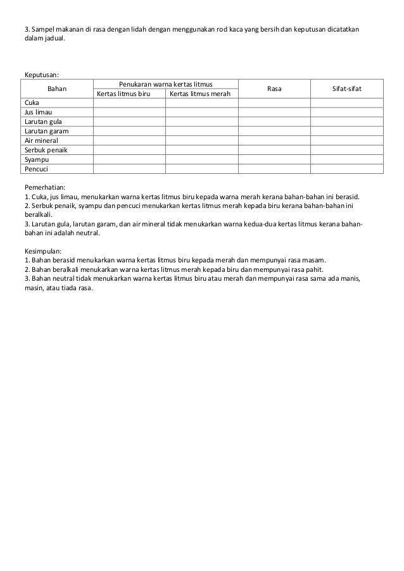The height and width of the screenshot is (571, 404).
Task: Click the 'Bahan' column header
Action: [57, 89]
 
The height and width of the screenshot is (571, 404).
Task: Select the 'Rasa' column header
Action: [274, 89]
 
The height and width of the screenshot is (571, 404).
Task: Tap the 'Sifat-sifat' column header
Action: [347, 89]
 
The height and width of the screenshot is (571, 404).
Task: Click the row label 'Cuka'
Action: [31, 102]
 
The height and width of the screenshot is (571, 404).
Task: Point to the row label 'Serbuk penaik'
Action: [46, 150]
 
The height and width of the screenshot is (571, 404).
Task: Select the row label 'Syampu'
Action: [36, 159]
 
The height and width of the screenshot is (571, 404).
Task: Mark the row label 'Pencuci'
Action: [35, 169]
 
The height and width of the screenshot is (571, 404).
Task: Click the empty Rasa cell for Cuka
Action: [274, 102]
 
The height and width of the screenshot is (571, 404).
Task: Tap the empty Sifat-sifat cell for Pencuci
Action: [347, 169]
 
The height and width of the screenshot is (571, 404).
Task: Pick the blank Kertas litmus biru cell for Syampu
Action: [129, 159]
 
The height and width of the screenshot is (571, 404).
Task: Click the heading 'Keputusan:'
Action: [42, 74]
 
